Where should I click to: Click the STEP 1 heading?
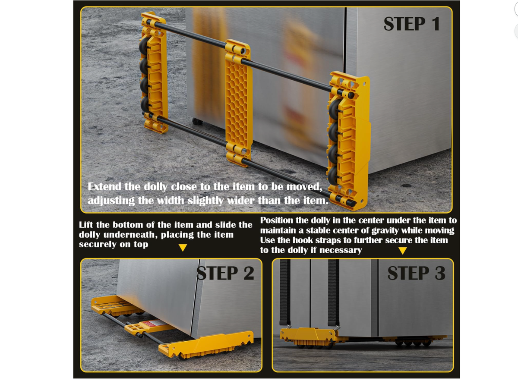411,23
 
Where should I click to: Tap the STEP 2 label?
225,274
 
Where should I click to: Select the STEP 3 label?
416,274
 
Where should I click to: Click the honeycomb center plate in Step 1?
238,104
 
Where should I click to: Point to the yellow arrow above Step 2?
183,248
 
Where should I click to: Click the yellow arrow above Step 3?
402,251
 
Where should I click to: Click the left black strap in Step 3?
285,293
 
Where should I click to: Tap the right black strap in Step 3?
333,293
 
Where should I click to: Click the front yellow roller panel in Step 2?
206,344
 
